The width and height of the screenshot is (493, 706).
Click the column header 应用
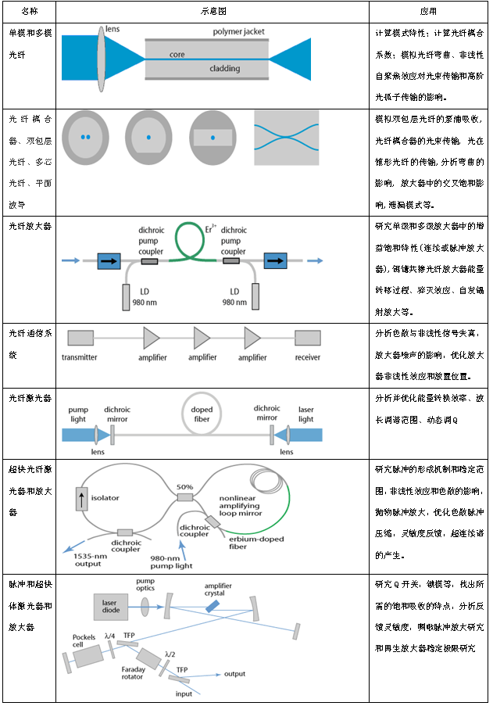tap(428, 12)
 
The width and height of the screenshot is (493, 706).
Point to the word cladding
tap(224, 68)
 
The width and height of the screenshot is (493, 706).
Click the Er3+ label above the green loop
tap(210, 229)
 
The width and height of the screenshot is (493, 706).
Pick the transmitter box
tap(80, 338)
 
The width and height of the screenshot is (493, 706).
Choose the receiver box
tap(307, 338)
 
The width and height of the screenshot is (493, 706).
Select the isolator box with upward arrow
tap(82, 497)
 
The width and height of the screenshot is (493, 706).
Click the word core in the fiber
tap(177, 55)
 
